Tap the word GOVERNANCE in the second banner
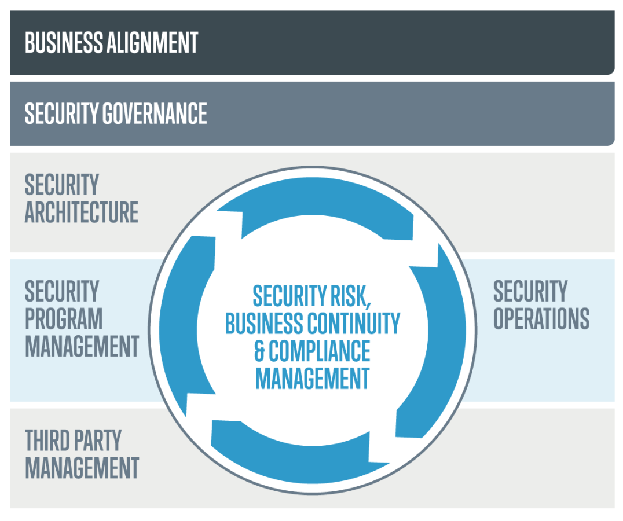tap(154, 113)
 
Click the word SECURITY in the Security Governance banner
tap(61, 113)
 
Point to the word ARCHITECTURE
tap(82, 212)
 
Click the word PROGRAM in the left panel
tap(64, 319)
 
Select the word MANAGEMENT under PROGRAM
tap(82, 346)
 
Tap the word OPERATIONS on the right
tap(541, 319)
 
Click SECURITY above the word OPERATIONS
tap(530, 291)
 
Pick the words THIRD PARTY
tap(73, 441)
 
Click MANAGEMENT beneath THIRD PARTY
tap(82, 468)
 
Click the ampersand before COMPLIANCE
tap(260, 351)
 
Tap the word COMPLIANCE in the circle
tap(319, 351)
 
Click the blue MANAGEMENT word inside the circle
tap(312, 379)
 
